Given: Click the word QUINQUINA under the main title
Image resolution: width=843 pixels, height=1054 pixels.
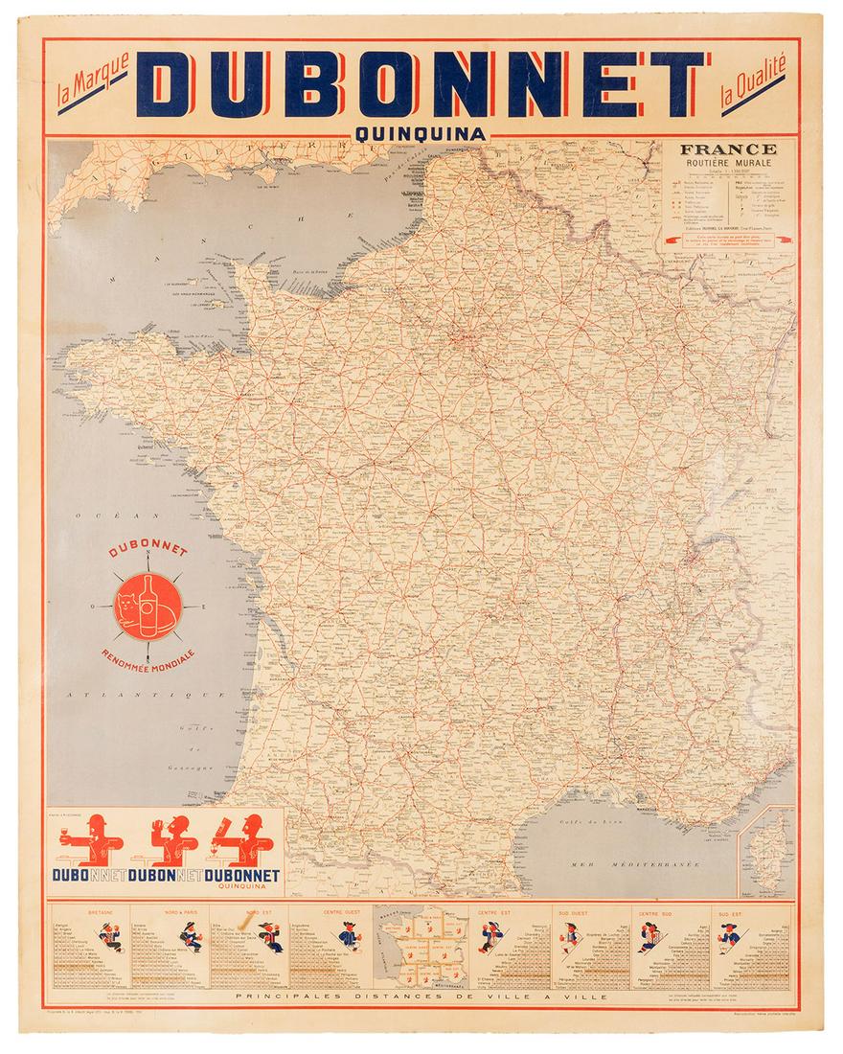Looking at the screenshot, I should point(421,134).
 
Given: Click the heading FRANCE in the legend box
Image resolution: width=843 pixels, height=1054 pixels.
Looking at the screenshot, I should point(728,149).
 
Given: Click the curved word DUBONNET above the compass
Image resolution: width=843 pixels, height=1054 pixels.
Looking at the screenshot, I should point(148,553).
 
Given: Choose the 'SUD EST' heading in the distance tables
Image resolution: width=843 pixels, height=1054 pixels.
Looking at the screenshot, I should point(758,913).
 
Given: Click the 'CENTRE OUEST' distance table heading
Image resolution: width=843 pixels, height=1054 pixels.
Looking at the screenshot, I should point(340,913).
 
